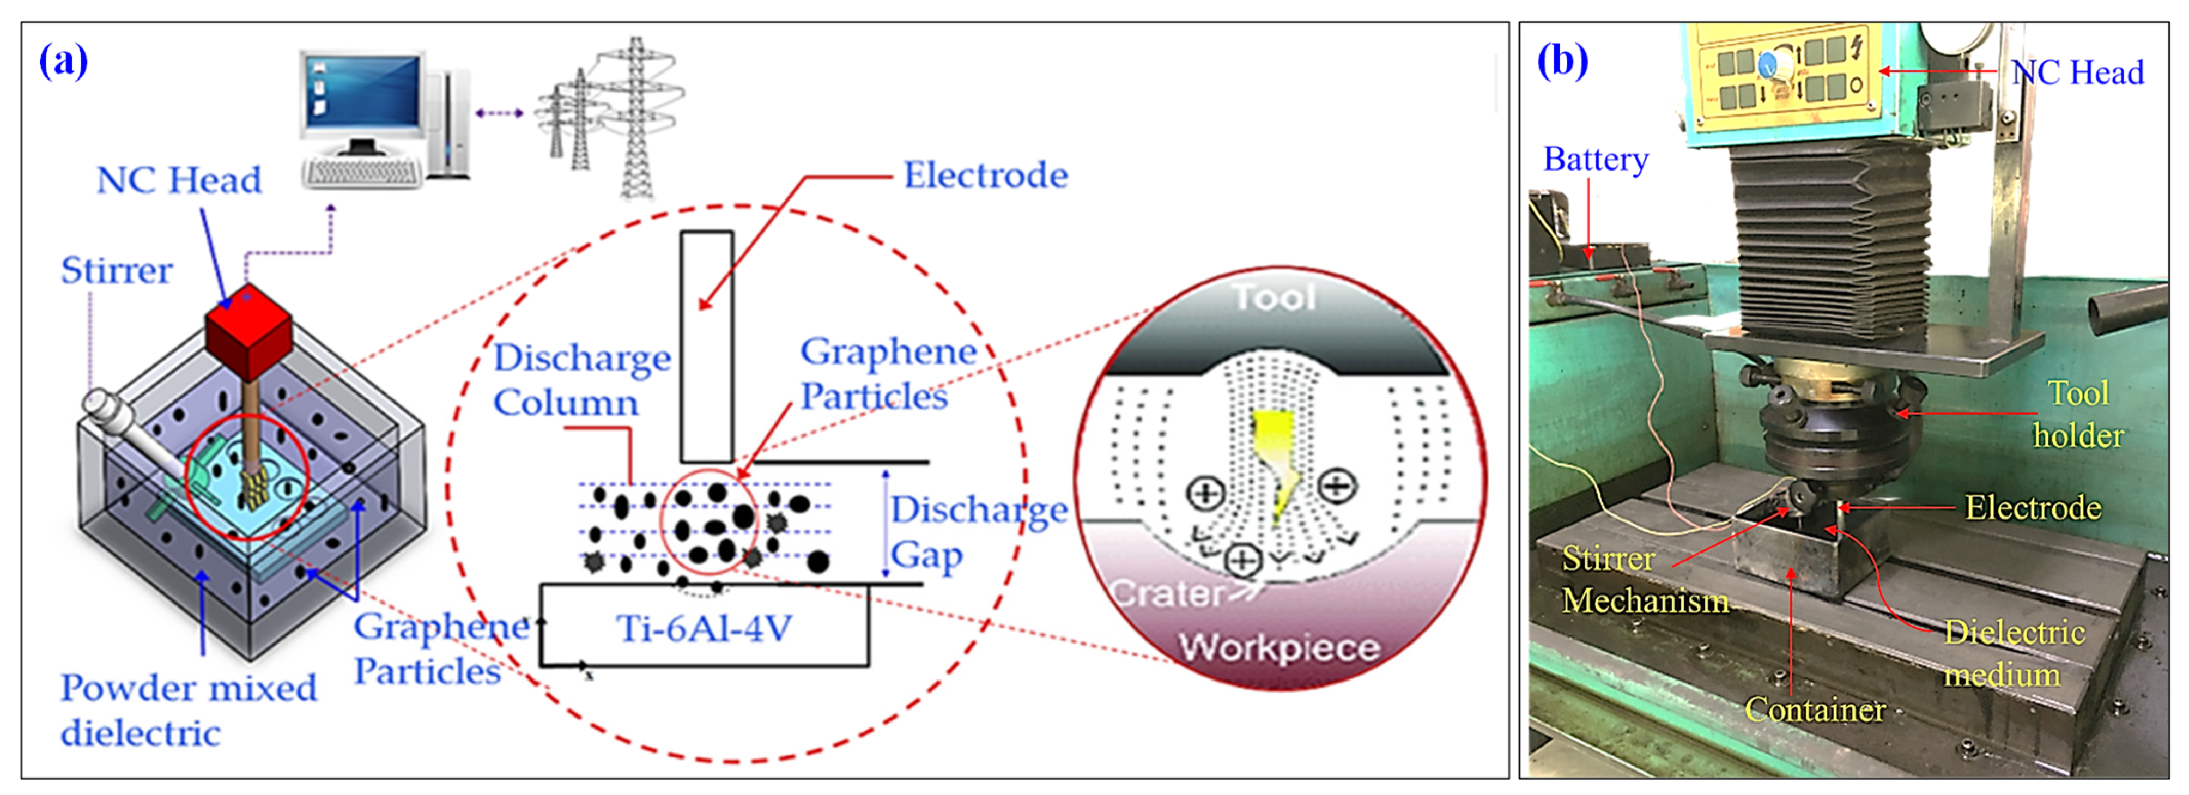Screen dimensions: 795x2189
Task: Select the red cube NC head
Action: pyautogui.click(x=248, y=332)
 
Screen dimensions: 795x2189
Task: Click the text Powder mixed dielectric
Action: pyautogui.click(x=187, y=710)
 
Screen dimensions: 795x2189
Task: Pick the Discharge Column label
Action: pyautogui.click(x=581, y=380)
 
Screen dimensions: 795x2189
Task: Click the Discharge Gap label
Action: pyautogui.click(x=977, y=532)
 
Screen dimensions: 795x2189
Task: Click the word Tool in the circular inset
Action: pyautogui.click(x=1275, y=298)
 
